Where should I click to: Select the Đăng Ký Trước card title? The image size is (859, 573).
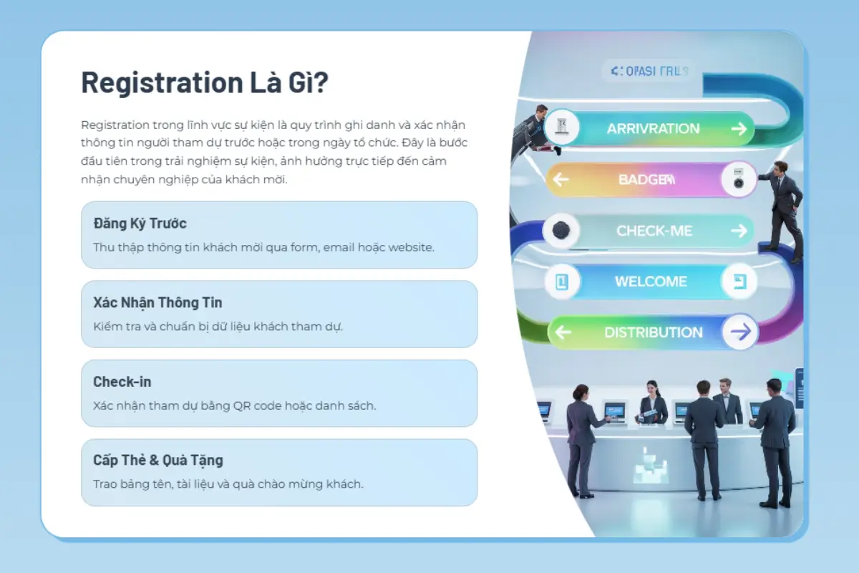(x=140, y=223)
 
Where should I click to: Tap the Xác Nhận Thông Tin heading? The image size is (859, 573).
(x=157, y=303)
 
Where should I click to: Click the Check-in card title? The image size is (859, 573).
(x=122, y=382)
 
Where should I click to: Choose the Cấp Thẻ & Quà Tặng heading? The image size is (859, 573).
(x=158, y=461)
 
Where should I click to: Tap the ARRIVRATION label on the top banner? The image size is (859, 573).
(x=653, y=129)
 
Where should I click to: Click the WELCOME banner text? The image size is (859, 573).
(x=651, y=281)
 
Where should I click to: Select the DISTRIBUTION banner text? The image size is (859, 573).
(x=653, y=332)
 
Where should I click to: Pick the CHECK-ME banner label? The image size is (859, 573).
(x=654, y=231)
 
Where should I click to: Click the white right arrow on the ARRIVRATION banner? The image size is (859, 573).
(x=739, y=129)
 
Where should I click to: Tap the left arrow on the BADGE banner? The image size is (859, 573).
(x=560, y=179)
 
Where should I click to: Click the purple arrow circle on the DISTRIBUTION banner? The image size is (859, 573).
(x=739, y=332)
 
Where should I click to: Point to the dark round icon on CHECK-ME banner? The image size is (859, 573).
(x=560, y=231)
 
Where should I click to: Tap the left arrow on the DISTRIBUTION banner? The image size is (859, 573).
(x=563, y=332)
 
